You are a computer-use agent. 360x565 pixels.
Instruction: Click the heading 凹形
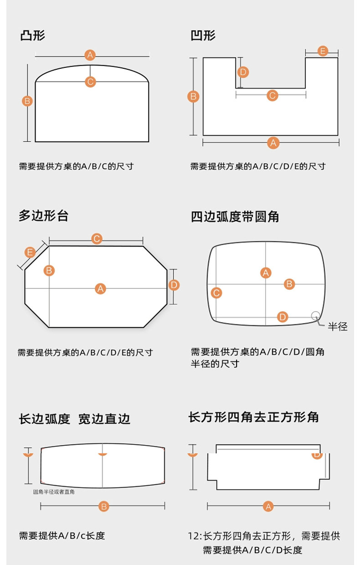[203, 36]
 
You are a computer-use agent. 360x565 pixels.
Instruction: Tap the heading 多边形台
[44, 216]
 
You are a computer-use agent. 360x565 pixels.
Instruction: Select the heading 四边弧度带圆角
[235, 216]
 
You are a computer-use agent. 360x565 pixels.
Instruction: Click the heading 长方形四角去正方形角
[254, 417]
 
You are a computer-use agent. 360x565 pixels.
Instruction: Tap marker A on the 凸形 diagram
[90, 56]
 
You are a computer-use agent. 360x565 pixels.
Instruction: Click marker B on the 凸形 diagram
[27, 101]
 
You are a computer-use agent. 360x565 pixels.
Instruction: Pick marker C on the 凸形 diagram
[90, 82]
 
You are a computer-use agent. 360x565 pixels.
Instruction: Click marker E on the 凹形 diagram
[322, 51]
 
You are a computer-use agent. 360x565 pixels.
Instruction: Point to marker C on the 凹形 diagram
[272, 95]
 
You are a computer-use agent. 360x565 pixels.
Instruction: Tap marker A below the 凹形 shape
[273, 143]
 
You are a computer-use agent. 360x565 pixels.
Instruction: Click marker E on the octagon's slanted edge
[30, 252]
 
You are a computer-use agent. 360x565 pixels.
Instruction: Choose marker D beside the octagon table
[174, 285]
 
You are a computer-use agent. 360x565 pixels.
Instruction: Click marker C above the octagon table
[97, 239]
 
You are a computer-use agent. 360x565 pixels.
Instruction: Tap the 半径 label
[338, 326]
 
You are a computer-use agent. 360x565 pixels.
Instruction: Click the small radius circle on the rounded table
[315, 315]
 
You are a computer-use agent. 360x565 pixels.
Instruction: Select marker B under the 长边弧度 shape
[103, 506]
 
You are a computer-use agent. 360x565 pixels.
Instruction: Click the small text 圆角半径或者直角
[54, 492]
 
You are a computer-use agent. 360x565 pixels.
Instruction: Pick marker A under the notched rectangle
[268, 506]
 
